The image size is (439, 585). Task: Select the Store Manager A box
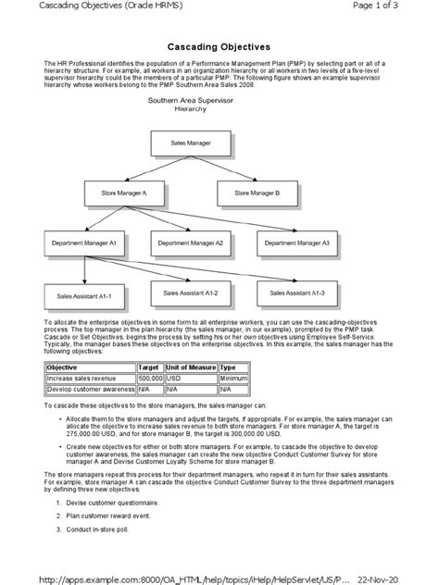(123, 193)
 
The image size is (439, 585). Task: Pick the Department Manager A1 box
(84, 243)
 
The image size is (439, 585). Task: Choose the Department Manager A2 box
(190, 243)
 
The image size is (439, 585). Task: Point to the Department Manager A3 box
(296, 243)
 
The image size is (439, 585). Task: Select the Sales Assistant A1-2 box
(190, 292)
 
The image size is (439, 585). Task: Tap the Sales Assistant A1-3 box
(296, 292)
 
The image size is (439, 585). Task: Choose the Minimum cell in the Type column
(233, 378)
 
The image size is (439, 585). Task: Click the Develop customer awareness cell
(90, 389)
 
